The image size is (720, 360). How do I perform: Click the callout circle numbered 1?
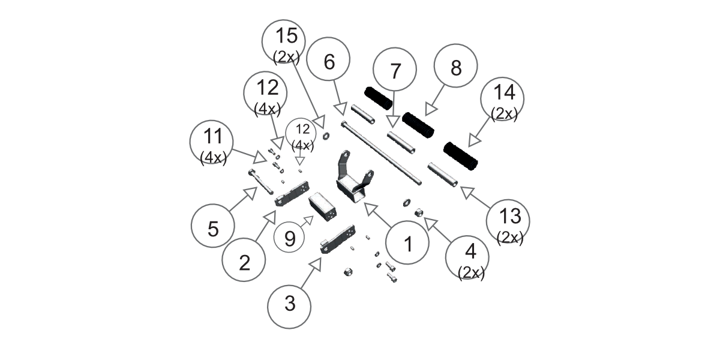[407, 244]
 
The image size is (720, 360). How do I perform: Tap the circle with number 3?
[290, 304]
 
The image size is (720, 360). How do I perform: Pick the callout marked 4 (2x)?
[467, 258]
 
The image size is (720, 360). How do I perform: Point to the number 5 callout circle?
[213, 229]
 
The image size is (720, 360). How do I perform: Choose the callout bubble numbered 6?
[328, 61]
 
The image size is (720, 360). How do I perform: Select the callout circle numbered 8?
[455, 68]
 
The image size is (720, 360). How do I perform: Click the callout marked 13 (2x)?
[508, 223]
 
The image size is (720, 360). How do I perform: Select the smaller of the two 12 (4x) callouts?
[302, 135]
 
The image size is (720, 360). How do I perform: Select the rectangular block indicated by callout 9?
[323, 206]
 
